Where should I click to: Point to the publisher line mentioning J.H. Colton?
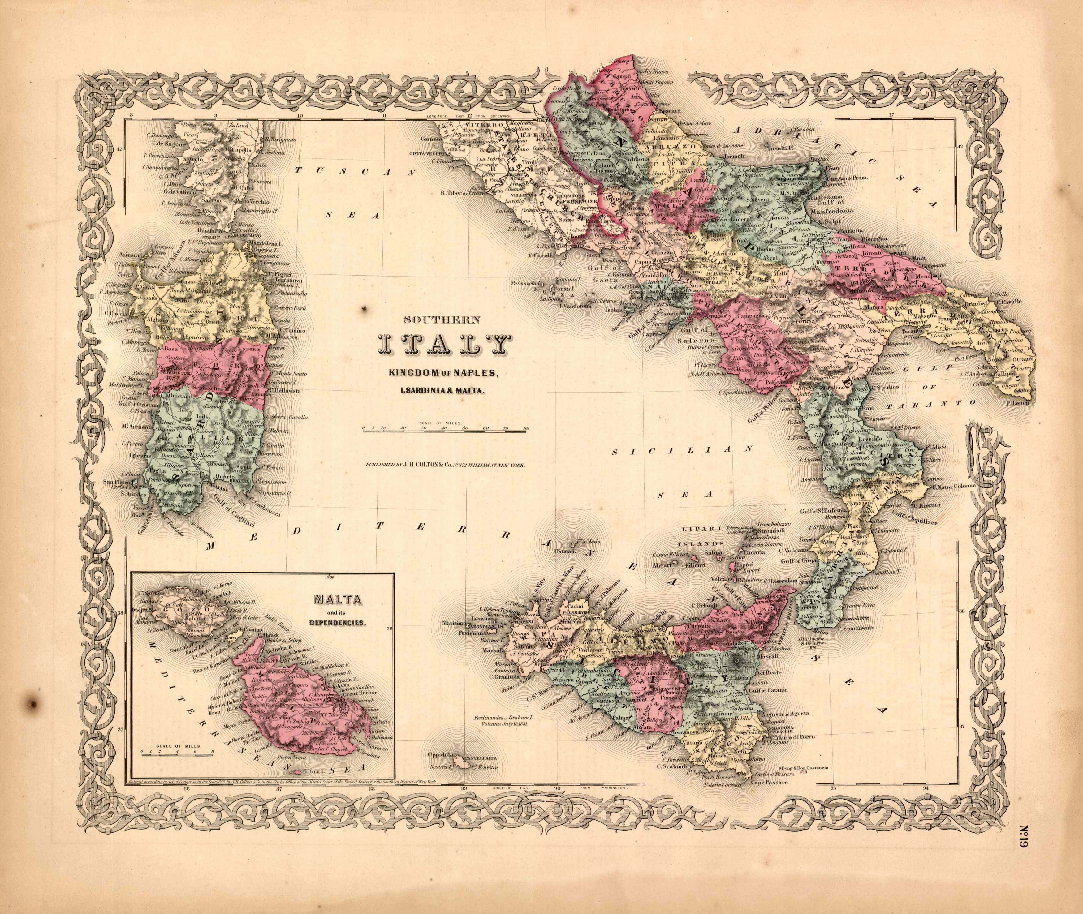[x=445, y=465]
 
